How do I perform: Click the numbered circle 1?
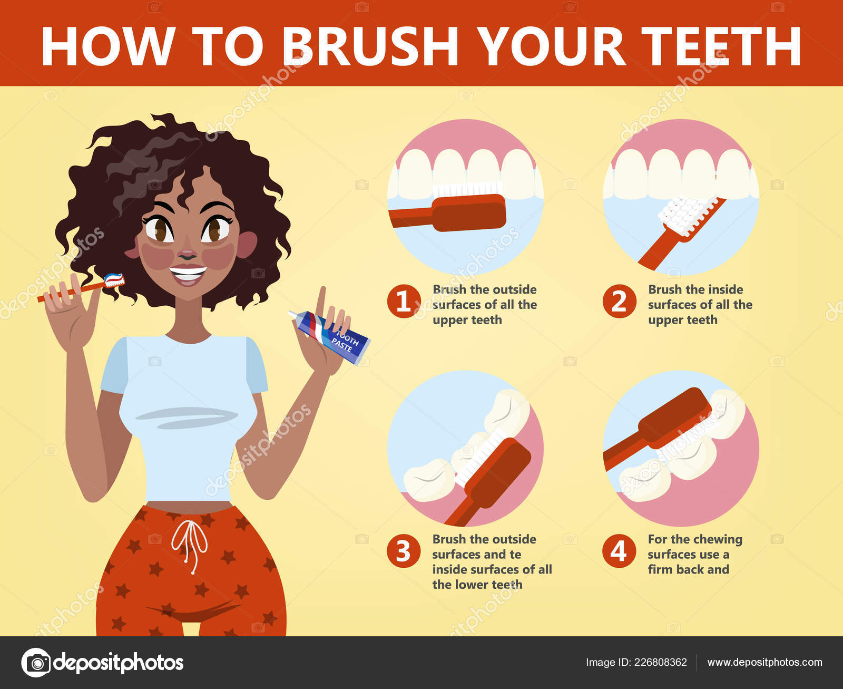point(404,301)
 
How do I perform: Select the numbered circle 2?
point(619,301)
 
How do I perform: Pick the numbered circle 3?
point(404,551)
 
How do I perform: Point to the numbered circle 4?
point(619,551)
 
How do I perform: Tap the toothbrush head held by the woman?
point(114,280)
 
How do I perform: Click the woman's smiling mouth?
point(188,275)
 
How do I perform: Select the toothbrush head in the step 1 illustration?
point(469,208)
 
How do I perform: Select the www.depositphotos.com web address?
point(764,662)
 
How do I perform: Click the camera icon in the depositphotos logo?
point(36,663)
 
